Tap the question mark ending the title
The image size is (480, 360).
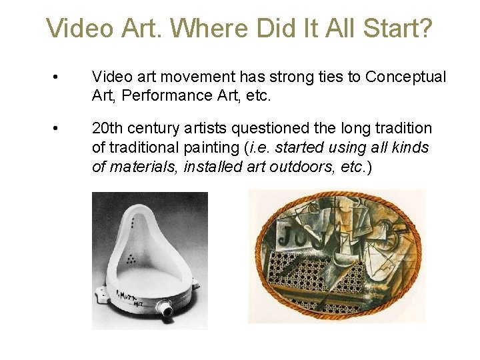coord(425,29)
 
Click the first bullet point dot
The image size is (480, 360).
coord(61,77)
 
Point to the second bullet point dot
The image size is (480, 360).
coord(61,128)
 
